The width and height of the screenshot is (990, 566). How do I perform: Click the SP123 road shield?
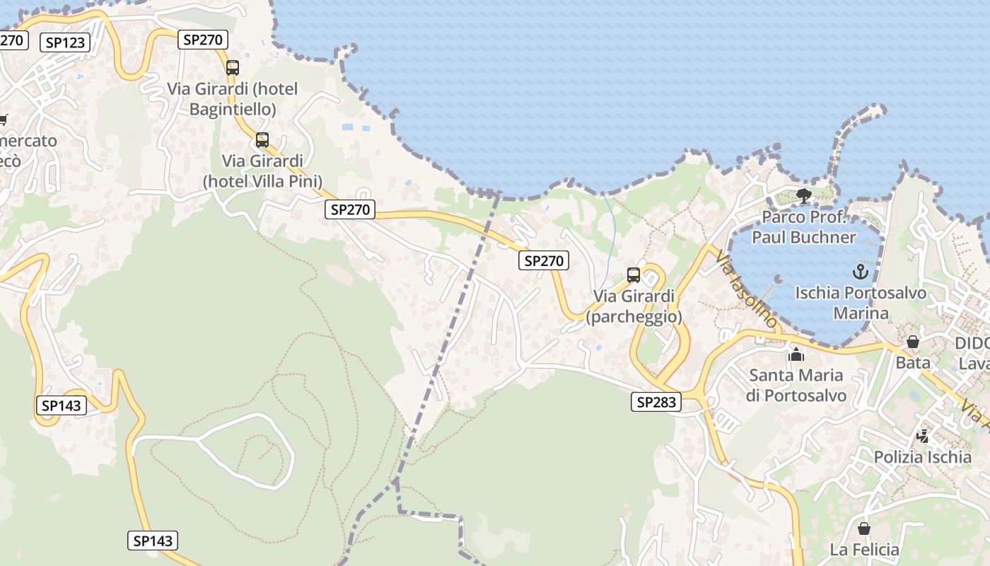pos(65,42)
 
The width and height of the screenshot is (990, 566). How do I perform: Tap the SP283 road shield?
pos(656,403)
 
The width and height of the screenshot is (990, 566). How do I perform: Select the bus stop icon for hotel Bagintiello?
pos(233,68)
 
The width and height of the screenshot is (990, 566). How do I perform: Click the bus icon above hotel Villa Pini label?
pos(262,140)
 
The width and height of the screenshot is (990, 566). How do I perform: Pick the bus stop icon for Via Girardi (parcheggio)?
pos(634,275)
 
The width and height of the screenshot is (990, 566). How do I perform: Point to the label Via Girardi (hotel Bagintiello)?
pos(233,99)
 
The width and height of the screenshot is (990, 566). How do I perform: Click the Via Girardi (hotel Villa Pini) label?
pos(262,171)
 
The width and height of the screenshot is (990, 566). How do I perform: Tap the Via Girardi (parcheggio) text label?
pos(634,306)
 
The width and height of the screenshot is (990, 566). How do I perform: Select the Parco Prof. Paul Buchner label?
pos(803,227)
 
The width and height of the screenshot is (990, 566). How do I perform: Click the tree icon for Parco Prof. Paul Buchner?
pos(803,195)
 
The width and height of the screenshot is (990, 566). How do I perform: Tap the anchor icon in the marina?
pos(861,271)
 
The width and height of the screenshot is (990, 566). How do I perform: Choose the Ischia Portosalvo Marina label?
pos(861,303)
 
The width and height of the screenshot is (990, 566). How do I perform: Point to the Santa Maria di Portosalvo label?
pos(796,385)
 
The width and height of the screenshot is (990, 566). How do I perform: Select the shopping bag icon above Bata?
pos(913,342)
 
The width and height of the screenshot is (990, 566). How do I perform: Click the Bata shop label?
pos(913,363)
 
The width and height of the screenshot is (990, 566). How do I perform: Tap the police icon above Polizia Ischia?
pos(923,436)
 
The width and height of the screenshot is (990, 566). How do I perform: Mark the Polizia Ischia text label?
pos(923,457)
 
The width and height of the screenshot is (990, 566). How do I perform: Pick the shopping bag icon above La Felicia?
pos(864,529)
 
